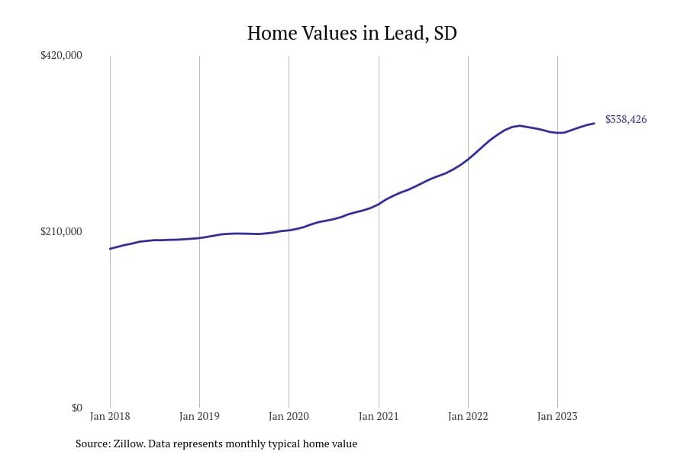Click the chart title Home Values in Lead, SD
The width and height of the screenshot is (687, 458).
pyautogui.click(x=352, y=34)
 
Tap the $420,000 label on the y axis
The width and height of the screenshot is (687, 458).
pyautogui.click(x=61, y=56)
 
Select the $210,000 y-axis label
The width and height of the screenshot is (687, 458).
pyautogui.click(x=61, y=232)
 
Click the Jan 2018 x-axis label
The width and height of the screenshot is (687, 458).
pyautogui.click(x=110, y=417)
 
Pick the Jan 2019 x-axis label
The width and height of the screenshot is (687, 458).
pyautogui.click(x=199, y=417)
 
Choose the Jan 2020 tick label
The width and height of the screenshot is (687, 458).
pyautogui.click(x=289, y=417)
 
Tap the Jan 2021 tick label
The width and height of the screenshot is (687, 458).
pyautogui.click(x=379, y=417)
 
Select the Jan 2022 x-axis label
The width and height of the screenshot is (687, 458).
pyautogui.click(x=468, y=417)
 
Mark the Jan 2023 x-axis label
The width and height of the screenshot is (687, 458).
pyautogui.click(x=557, y=417)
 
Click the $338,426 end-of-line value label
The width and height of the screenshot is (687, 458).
pyautogui.click(x=626, y=120)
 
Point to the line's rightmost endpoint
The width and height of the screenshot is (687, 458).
pyautogui.click(x=594, y=123)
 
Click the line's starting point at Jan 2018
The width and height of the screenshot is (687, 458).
pyautogui.click(x=110, y=249)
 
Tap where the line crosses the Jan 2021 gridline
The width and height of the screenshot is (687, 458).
pyautogui.click(x=379, y=204)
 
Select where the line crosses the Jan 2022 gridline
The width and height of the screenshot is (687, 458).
pyautogui.click(x=468, y=158)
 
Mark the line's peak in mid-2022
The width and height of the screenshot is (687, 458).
pyautogui.click(x=519, y=125)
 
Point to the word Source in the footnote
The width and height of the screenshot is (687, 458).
pyautogui.click(x=92, y=443)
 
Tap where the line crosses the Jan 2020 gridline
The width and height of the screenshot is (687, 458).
pyautogui.click(x=289, y=230)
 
